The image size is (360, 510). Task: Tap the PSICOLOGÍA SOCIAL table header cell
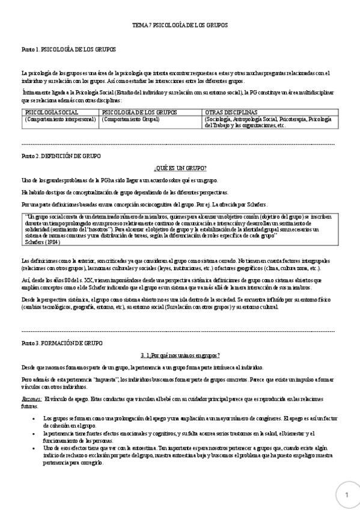click(x=52, y=112)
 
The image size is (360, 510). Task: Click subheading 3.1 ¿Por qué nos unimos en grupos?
click(x=180, y=355)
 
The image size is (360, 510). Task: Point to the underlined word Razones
click(x=31, y=399)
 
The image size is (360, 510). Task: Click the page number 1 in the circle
click(x=347, y=494)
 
